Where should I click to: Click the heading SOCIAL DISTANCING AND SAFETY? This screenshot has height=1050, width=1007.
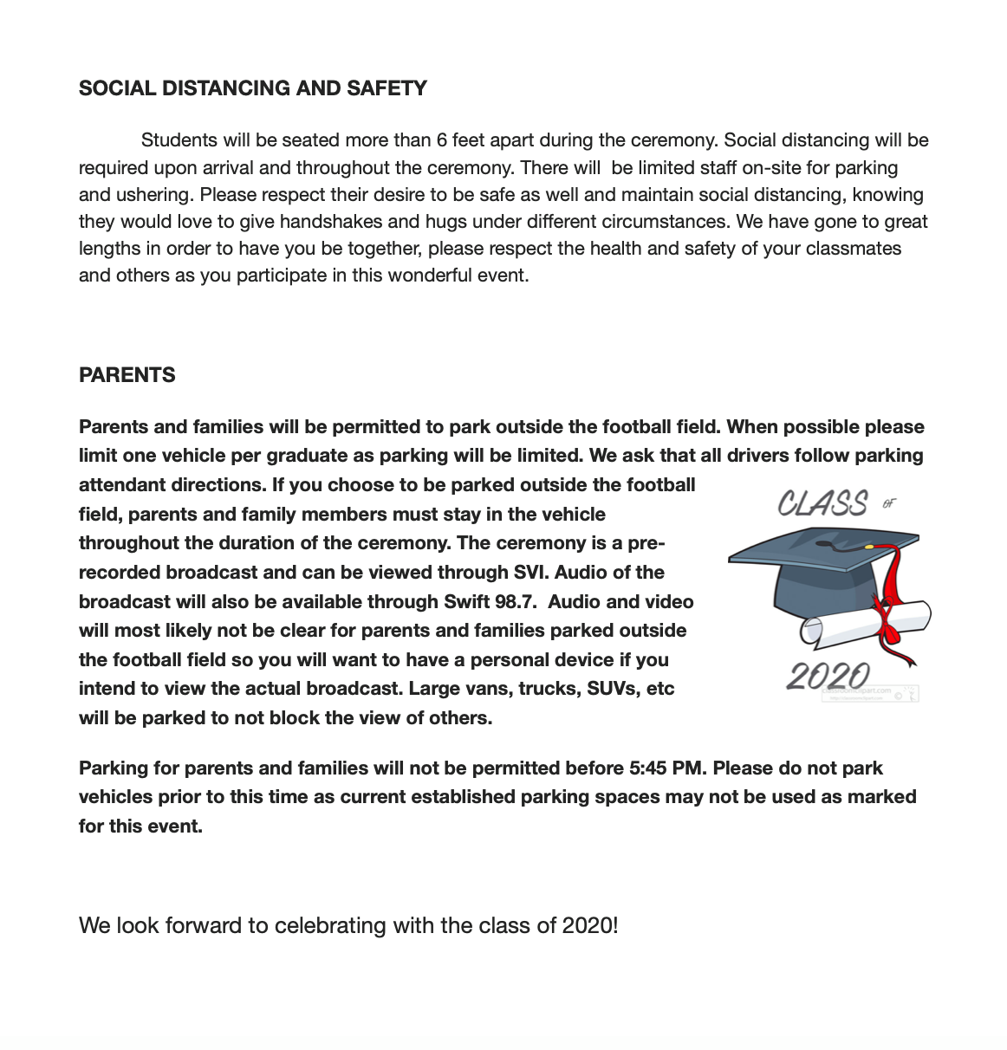click(x=252, y=88)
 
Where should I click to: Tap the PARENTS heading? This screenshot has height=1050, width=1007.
click(x=127, y=375)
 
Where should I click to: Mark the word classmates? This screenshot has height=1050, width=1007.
click(x=853, y=249)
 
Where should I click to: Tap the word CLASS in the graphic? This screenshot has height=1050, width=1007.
click(x=822, y=503)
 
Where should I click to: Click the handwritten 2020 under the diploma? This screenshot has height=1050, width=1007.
click(x=828, y=676)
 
